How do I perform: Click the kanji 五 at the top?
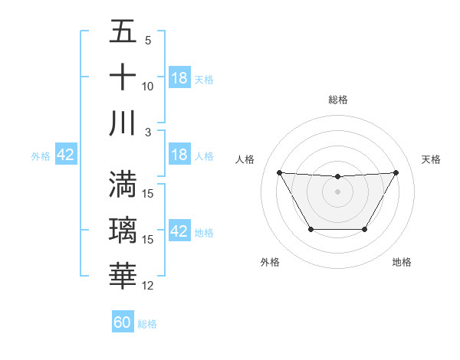click(123, 33)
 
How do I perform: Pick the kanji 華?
click(123, 277)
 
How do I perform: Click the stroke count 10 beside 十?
click(148, 87)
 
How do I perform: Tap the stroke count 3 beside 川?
click(148, 132)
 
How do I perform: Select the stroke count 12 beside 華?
click(148, 286)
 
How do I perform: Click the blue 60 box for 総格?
click(123, 322)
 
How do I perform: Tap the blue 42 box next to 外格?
click(65, 155)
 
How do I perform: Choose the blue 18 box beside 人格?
click(179, 155)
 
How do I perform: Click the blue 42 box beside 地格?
click(179, 232)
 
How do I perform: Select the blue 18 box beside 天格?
click(179, 79)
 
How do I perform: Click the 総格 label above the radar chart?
click(338, 100)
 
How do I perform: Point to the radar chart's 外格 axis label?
click(270, 262)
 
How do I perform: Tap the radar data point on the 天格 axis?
click(396, 172)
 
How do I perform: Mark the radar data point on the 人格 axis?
click(279, 172)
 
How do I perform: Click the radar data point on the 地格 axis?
click(364, 229)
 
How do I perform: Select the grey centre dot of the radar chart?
click(337, 191)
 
